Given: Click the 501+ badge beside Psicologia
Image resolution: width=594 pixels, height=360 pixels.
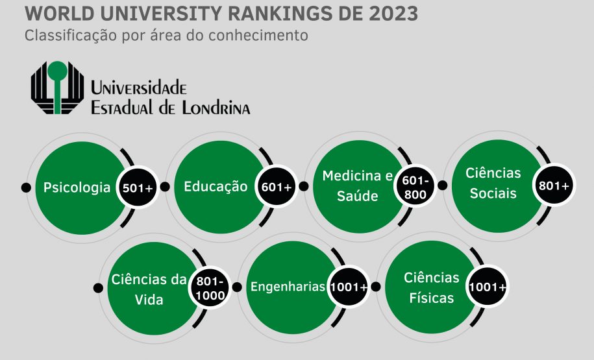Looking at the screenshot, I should tap(138, 188).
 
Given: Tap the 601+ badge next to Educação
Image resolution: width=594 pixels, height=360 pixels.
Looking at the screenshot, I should tap(277, 187).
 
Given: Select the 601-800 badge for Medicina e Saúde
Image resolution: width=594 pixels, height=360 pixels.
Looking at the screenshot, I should tap(414, 187).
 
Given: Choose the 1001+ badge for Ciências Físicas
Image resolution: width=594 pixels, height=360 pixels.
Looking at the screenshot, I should tap(488, 287).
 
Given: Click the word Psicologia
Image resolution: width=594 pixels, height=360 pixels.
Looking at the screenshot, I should tap(77, 188).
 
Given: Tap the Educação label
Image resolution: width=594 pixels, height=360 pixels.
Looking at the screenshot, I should tap(216, 187).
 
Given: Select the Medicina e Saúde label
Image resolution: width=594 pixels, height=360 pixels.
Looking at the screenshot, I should tap(358, 186).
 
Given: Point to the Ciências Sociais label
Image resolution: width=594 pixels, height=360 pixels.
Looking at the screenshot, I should tap(493, 183).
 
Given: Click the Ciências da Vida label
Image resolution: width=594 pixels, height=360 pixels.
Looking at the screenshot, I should tap(149, 289).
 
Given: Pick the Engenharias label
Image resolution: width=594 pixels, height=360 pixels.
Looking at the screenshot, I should tap(288, 287).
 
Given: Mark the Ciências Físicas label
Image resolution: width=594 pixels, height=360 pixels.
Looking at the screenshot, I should tap(432, 287).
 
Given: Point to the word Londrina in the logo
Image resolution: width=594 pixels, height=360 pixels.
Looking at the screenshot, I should tap(213, 107).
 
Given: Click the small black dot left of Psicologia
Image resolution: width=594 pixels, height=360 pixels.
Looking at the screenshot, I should tap(26, 187).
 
